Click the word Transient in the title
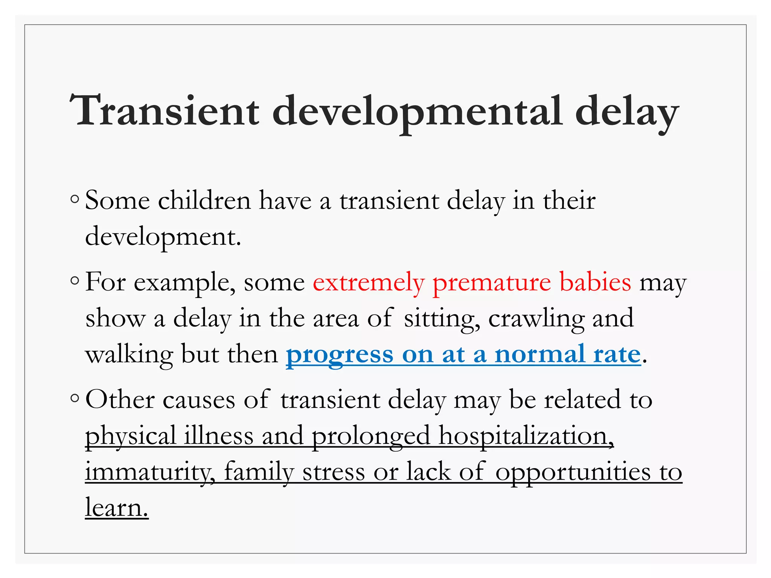coord(165,111)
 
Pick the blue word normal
coord(539,354)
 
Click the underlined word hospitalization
coord(526,437)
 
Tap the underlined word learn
coord(116,508)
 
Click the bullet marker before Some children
coord(75,199)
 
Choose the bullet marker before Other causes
coord(75,398)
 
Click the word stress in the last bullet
coord(334,472)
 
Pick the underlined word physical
coord(131,437)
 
